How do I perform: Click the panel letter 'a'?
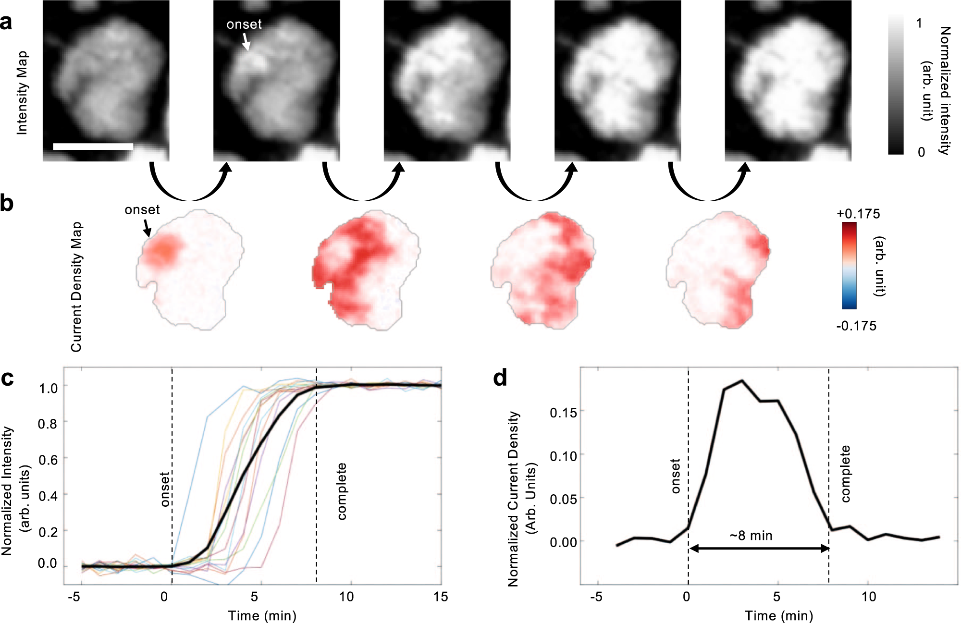[7, 23]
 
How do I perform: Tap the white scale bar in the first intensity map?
[93, 147]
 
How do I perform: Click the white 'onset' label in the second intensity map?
[244, 24]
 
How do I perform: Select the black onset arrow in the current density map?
[147, 228]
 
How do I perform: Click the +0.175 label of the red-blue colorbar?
[858, 214]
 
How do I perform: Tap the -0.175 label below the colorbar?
[856, 326]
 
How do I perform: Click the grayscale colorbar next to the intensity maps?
[896, 85]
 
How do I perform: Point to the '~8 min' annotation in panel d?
[751, 536]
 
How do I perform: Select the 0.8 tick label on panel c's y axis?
[48, 424]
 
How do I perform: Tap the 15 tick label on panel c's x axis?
[440, 597]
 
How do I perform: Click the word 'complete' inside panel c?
[342, 491]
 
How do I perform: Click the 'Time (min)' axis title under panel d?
[778, 616]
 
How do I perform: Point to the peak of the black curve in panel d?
[742, 381]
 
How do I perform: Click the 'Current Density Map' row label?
[76, 287]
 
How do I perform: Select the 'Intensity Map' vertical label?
[22, 93]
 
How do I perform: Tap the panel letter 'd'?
[500, 378]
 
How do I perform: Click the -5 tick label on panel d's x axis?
[595, 597]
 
